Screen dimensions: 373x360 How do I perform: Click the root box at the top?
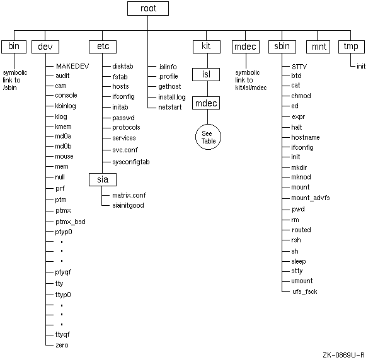(148, 9)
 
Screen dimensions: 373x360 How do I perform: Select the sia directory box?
(103, 179)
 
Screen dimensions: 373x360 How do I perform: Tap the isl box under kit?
(206, 74)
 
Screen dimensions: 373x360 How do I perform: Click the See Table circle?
(208, 137)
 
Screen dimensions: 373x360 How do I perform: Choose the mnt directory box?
(318, 47)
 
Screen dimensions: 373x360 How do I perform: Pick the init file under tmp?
(361, 66)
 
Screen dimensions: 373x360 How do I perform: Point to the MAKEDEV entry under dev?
(72, 66)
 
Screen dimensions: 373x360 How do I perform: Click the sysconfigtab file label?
(131, 162)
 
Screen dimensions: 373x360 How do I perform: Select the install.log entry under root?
(172, 97)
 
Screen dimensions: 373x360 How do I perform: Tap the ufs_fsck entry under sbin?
(305, 291)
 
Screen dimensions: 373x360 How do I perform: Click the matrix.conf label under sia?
(129, 195)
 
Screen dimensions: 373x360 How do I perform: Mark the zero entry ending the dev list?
(62, 345)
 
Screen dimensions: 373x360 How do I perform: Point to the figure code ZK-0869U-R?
(343, 355)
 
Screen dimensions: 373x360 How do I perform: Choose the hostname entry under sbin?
(306, 137)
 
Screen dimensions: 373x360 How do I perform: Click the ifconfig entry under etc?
(123, 97)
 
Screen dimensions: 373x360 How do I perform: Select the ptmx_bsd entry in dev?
(71, 222)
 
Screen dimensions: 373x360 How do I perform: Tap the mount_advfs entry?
(311, 198)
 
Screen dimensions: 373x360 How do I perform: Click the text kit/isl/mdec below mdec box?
(251, 87)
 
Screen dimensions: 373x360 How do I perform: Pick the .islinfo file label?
(168, 67)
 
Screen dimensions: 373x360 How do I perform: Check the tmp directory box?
(352, 47)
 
